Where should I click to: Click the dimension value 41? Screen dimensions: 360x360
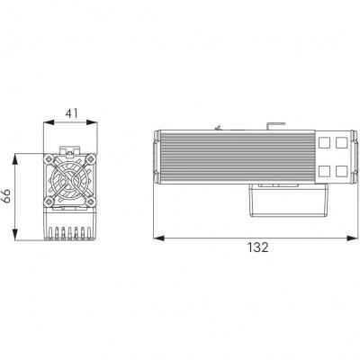72,113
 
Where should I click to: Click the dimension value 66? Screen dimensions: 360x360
7,196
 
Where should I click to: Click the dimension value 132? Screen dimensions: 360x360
257,247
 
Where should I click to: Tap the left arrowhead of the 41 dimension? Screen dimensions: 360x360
49,122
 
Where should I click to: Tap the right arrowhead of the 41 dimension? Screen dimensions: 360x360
92,122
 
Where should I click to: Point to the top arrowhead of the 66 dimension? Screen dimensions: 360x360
15,159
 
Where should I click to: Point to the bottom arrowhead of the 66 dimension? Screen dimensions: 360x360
15,234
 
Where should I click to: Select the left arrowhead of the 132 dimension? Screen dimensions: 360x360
158,238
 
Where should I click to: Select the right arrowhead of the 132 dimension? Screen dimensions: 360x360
352,238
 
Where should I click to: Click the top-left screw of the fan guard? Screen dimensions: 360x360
49,159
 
